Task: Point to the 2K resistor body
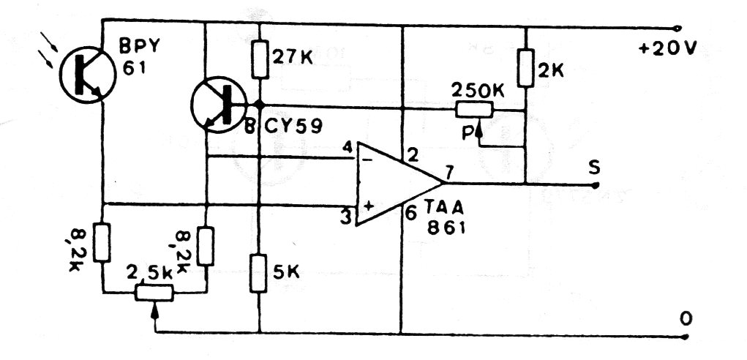click(x=525, y=68)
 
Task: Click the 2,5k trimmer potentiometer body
click(x=154, y=293)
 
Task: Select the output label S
click(x=594, y=168)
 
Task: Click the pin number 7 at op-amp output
click(x=449, y=171)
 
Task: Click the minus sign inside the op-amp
click(x=367, y=160)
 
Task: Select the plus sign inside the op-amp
click(x=368, y=207)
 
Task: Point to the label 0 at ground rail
click(x=686, y=320)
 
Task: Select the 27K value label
click(x=292, y=58)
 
